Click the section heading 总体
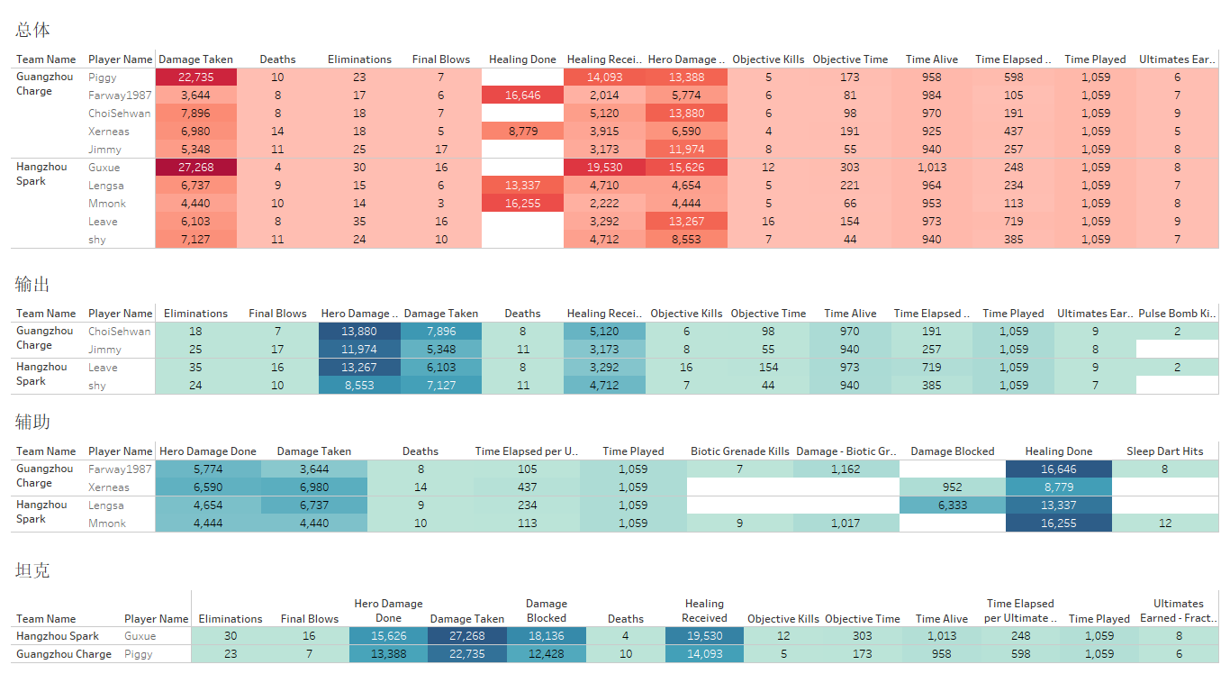pyautogui.click(x=32, y=30)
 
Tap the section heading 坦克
pyautogui.click(x=32, y=570)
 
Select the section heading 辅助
pyautogui.click(x=32, y=422)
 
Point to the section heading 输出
pyautogui.click(x=32, y=285)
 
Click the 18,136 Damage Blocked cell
pyautogui.click(x=547, y=636)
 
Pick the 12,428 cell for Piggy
pyautogui.click(x=547, y=654)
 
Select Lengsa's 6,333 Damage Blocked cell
pyautogui.click(x=952, y=505)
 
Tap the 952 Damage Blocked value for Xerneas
pyautogui.click(x=952, y=487)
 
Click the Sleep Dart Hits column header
pyautogui.click(x=1164, y=451)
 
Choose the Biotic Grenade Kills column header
pyautogui.click(x=739, y=451)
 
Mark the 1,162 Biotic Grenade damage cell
pyautogui.click(x=846, y=469)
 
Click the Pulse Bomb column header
pyautogui.click(x=1177, y=314)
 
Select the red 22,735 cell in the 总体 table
pyautogui.click(x=195, y=77)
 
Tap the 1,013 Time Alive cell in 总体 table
pyautogui.click(x=931, y=168)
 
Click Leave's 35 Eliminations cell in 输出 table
pyautogui.click(x=195, y=368)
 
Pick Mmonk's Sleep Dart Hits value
pyautogui.click(x=1164, y=524)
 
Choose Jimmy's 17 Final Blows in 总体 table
pyautogui.click(x=440, y=150)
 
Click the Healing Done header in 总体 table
pyautogui.click(x=522, y=59)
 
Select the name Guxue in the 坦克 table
pyautogui.click(x=140, y=636)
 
